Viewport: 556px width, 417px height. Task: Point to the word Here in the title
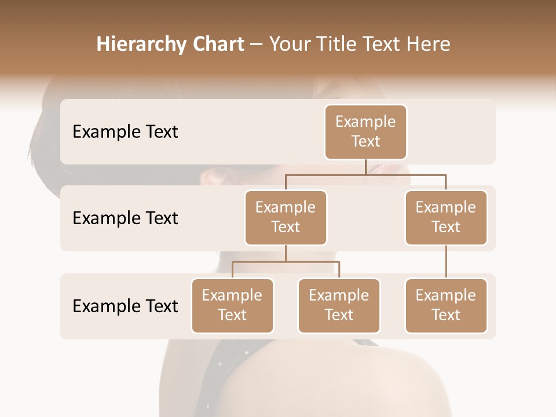coord(429,44)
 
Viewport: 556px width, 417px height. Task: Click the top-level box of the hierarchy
coord(365,131)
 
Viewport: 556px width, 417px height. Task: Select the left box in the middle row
coord(286,217)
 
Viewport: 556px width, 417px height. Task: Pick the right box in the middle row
coord(446,217)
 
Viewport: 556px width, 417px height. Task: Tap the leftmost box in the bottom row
coord(232,305)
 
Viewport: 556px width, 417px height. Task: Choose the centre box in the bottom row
coord(339,305)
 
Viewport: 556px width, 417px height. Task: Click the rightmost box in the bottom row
coord(446,305)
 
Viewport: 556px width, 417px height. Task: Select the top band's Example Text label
coord(125,132)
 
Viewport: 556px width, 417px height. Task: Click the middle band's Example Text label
coord(125,218)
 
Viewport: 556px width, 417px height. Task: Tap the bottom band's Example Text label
coord(125,306)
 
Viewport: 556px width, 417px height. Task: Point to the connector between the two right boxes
coord(446,262)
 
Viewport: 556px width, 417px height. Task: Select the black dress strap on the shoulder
coord(232,371)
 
